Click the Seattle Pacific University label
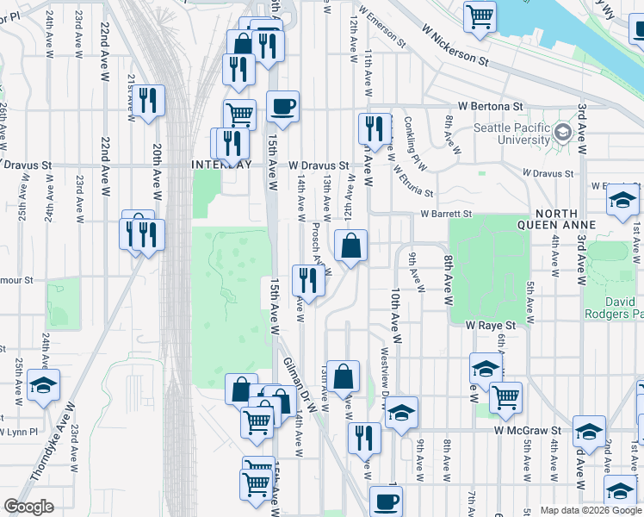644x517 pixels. point(513,134)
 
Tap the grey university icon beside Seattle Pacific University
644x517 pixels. point(564,132)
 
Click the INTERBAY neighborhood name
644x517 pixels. point(222,165)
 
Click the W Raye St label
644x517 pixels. point(490,326)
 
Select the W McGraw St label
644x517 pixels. point(528,429)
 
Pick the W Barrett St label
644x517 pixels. point(446,214)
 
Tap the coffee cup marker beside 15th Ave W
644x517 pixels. point(282,108)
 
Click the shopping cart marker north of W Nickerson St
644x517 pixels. point(480,15)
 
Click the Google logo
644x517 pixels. point(29,507)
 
